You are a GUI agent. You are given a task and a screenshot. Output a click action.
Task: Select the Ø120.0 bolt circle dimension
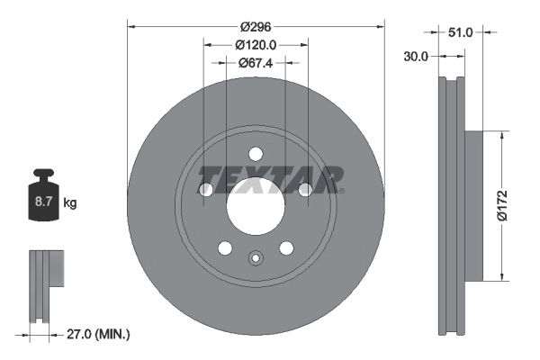point(256,44)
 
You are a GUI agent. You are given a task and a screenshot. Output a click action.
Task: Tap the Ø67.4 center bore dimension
point(256,63)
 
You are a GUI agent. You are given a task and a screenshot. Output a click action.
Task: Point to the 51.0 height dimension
point(460,31)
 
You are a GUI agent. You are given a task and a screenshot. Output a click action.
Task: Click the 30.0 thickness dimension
point(416,55)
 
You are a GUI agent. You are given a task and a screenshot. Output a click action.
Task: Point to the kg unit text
point(70,204)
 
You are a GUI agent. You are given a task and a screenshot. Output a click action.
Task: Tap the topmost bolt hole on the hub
point(256,152)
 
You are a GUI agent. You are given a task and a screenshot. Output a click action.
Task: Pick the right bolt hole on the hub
point(305,189)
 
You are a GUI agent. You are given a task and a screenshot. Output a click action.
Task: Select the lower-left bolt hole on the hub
point(224,248)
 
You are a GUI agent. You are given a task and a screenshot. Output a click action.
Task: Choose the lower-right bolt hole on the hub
point(287,248)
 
